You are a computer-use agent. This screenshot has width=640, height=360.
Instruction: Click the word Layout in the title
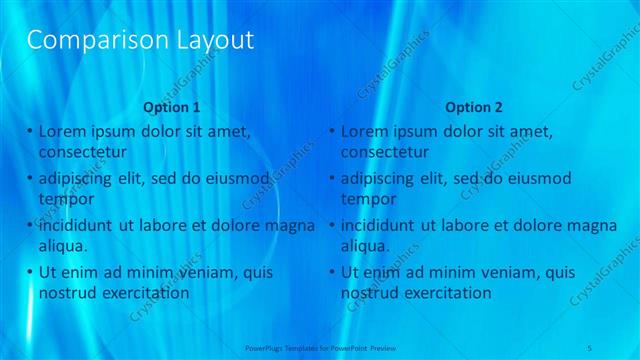[x=210, y=41]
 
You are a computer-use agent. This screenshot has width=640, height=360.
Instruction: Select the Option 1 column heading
[x=171, y=106]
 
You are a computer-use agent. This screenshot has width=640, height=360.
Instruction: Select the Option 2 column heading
[x=474, y=106]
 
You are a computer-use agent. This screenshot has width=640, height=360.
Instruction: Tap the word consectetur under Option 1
[x=82, y=152]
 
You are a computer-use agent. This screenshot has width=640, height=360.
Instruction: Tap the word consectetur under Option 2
[x=385, y=152]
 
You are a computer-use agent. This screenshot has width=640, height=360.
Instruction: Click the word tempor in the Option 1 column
[x=65, y=198]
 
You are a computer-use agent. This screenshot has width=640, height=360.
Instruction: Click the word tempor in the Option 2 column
[x=368, y=198]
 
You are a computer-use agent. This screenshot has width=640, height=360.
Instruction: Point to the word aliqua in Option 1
[x=63, y=245]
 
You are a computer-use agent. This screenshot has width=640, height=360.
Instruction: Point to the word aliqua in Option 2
[x=366, y=245]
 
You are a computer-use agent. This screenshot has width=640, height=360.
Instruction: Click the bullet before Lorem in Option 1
[x=30, y=131]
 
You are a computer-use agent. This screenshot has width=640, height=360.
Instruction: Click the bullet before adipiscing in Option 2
[x=333, y=178]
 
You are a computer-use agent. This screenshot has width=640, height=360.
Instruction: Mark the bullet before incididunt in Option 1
[x=30, y=225]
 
